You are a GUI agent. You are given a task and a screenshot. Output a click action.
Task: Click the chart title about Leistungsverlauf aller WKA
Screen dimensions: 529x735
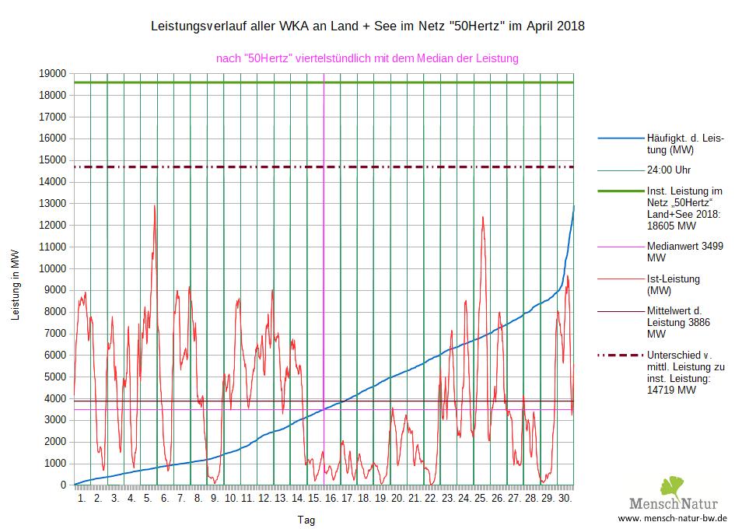(x=367, y=26)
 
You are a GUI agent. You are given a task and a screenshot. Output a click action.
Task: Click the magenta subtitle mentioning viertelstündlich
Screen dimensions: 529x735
(x=367, y=58)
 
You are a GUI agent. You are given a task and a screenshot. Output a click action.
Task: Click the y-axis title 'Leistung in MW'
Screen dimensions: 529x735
(x=15, y=285)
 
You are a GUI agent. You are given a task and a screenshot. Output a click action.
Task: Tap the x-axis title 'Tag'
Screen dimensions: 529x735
(x=306, y=520)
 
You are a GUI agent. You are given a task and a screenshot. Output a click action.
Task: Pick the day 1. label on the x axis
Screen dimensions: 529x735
(x=82, y=498)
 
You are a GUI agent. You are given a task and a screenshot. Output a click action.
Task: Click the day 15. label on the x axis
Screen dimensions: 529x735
(x=314, y=498)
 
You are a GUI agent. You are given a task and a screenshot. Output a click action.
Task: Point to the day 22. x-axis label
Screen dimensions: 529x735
(x=430, y=498)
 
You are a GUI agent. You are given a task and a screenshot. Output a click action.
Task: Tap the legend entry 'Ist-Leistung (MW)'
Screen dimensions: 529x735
(x=674, y=285)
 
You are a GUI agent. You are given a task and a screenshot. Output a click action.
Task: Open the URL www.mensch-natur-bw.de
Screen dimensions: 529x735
(x=672, y=517)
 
